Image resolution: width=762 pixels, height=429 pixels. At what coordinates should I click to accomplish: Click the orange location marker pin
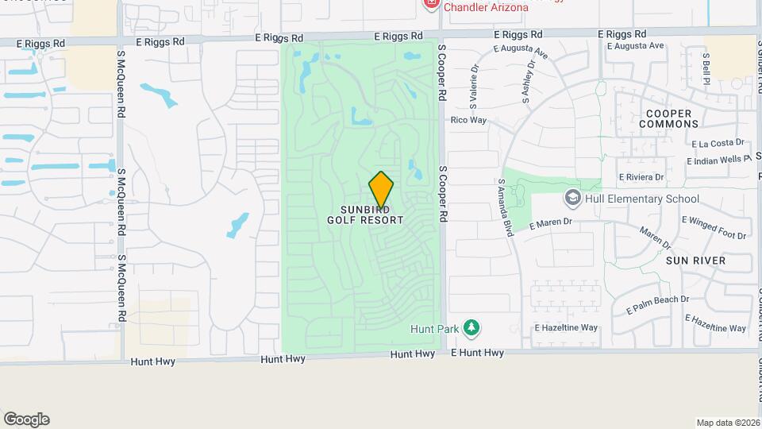coord(381,189)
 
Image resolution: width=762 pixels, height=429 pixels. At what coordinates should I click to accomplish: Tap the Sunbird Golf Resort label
coord(365,214)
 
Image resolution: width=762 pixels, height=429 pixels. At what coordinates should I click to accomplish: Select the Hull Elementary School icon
coord(571,197)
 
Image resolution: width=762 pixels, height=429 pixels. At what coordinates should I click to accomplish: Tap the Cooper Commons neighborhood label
coord(668,119)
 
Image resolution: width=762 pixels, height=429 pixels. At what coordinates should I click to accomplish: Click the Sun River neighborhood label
coord(695,261)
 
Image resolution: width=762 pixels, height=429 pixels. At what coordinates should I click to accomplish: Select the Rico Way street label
coord(468,121)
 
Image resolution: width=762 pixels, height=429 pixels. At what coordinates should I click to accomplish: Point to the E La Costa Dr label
coord(718,144)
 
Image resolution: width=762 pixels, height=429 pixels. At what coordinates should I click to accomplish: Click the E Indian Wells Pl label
coord(718,160)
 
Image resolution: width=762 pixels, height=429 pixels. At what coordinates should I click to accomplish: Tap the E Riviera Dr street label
coord(641,177)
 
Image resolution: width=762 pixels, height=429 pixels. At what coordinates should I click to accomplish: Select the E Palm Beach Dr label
coord(658,304)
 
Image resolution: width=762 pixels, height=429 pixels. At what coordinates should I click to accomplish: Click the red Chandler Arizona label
coord(485,7)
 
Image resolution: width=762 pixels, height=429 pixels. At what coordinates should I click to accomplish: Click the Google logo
coord(26,419)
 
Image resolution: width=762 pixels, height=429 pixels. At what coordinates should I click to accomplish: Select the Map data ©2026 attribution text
coord(728,423)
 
